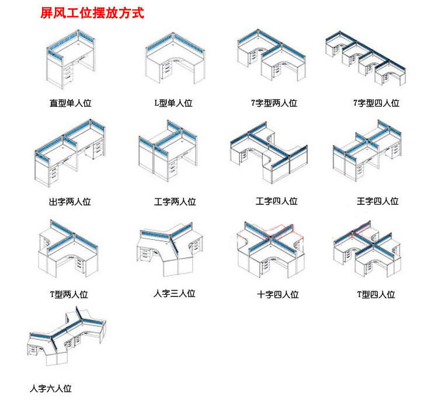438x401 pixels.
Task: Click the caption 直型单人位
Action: coord(70,103)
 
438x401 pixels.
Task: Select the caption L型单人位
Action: coord(173,103)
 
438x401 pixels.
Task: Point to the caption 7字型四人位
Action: coord(376,103)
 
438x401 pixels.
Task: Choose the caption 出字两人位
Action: coord(70,203)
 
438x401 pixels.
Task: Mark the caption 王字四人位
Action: coord(377,201)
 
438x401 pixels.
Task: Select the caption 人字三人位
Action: coord(174,294)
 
